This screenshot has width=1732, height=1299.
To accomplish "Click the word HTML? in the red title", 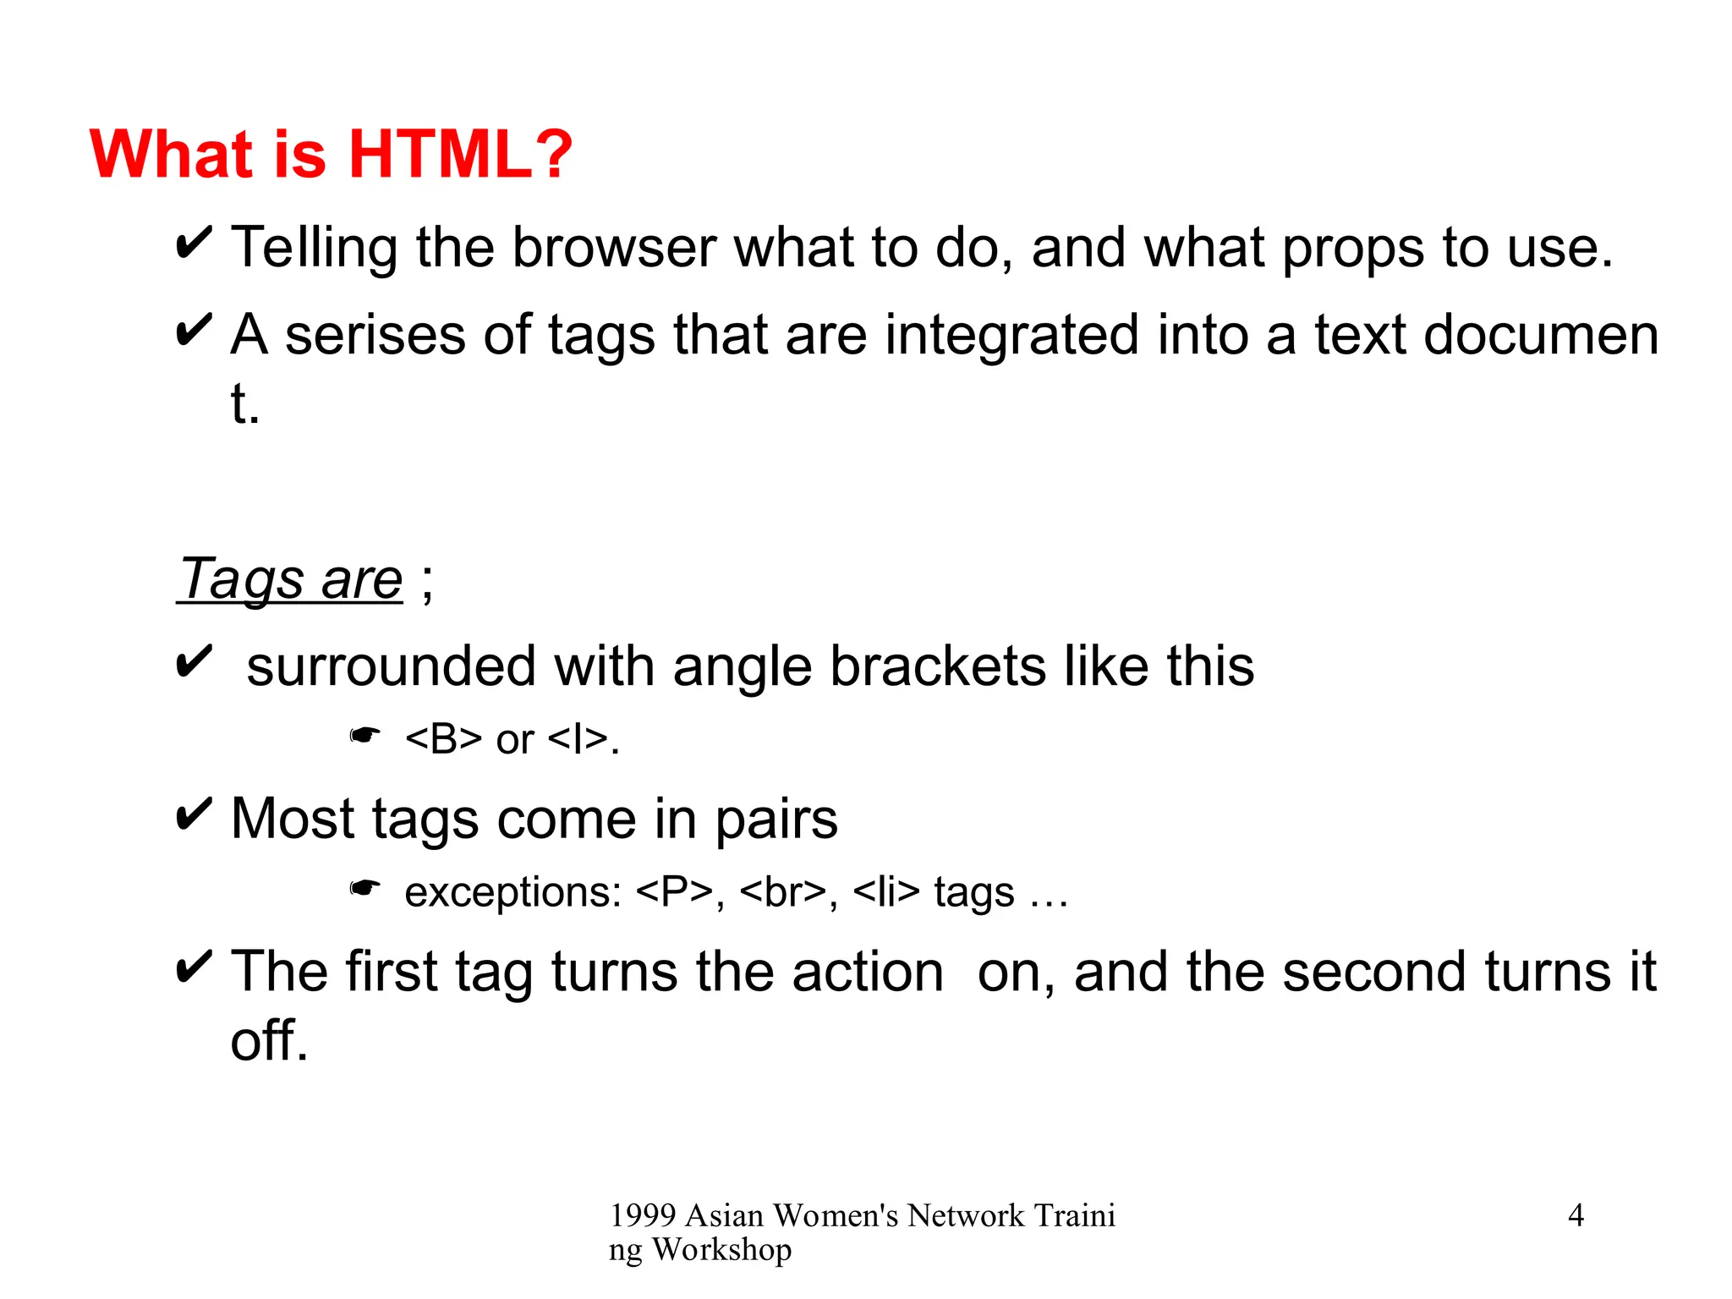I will point(461,155).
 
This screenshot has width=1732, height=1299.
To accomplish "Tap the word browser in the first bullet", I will point(615,248).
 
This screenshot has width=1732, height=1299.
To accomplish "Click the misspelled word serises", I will point(375,335).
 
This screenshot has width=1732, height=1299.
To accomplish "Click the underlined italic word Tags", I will point(242,580).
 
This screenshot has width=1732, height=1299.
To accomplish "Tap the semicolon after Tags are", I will point(427,584).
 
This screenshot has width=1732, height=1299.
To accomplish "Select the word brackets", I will point(938,666).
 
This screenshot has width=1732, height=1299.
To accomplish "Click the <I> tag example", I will point(578,739).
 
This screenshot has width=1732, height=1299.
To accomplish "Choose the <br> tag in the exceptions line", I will point(782,892).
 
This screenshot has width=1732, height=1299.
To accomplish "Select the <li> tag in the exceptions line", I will point(885,892).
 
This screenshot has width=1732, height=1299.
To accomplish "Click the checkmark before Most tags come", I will point(193,814).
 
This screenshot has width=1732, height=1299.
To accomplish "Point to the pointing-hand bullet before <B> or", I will point(365,736).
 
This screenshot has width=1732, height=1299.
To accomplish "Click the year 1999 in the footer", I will point(643,1216).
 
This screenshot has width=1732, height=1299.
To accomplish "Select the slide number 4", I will point(1576,1215).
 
